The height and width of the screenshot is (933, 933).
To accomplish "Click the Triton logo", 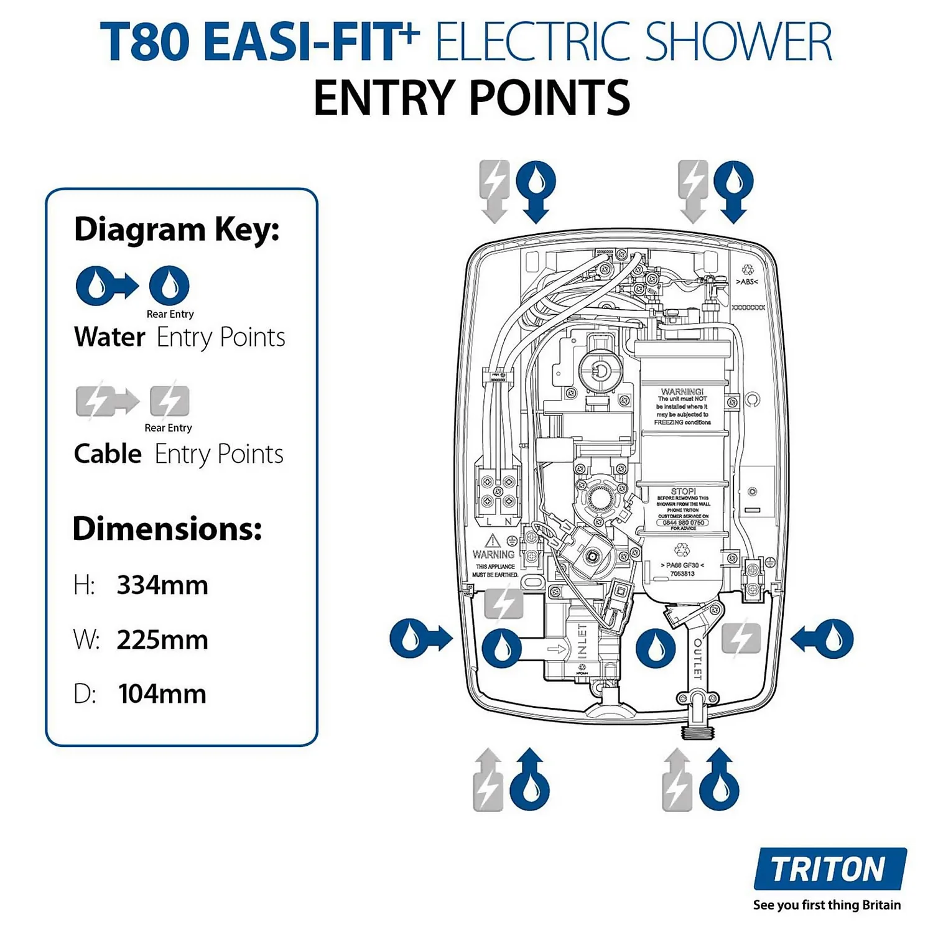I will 829,869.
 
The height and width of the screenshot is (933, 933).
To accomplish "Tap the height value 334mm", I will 162,585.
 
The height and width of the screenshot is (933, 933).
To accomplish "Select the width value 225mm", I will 162,640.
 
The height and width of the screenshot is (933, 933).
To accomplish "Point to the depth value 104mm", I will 162,694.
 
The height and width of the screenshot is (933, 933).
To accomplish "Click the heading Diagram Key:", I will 177,230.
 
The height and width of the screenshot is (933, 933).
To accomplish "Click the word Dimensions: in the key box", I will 167,529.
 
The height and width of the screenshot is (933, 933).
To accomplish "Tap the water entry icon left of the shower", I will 420,638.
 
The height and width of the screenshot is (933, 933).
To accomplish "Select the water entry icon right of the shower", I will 823,638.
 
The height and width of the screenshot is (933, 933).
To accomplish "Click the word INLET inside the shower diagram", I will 582,641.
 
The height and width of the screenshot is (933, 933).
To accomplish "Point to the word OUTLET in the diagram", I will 698,658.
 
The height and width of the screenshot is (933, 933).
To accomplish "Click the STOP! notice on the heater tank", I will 683,491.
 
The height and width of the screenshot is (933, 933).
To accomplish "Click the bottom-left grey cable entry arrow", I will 488,780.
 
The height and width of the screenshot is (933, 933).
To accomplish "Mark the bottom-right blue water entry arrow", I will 720,780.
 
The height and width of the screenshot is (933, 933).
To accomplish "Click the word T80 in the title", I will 144,42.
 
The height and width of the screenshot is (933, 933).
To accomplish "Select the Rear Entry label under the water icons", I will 170,314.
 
